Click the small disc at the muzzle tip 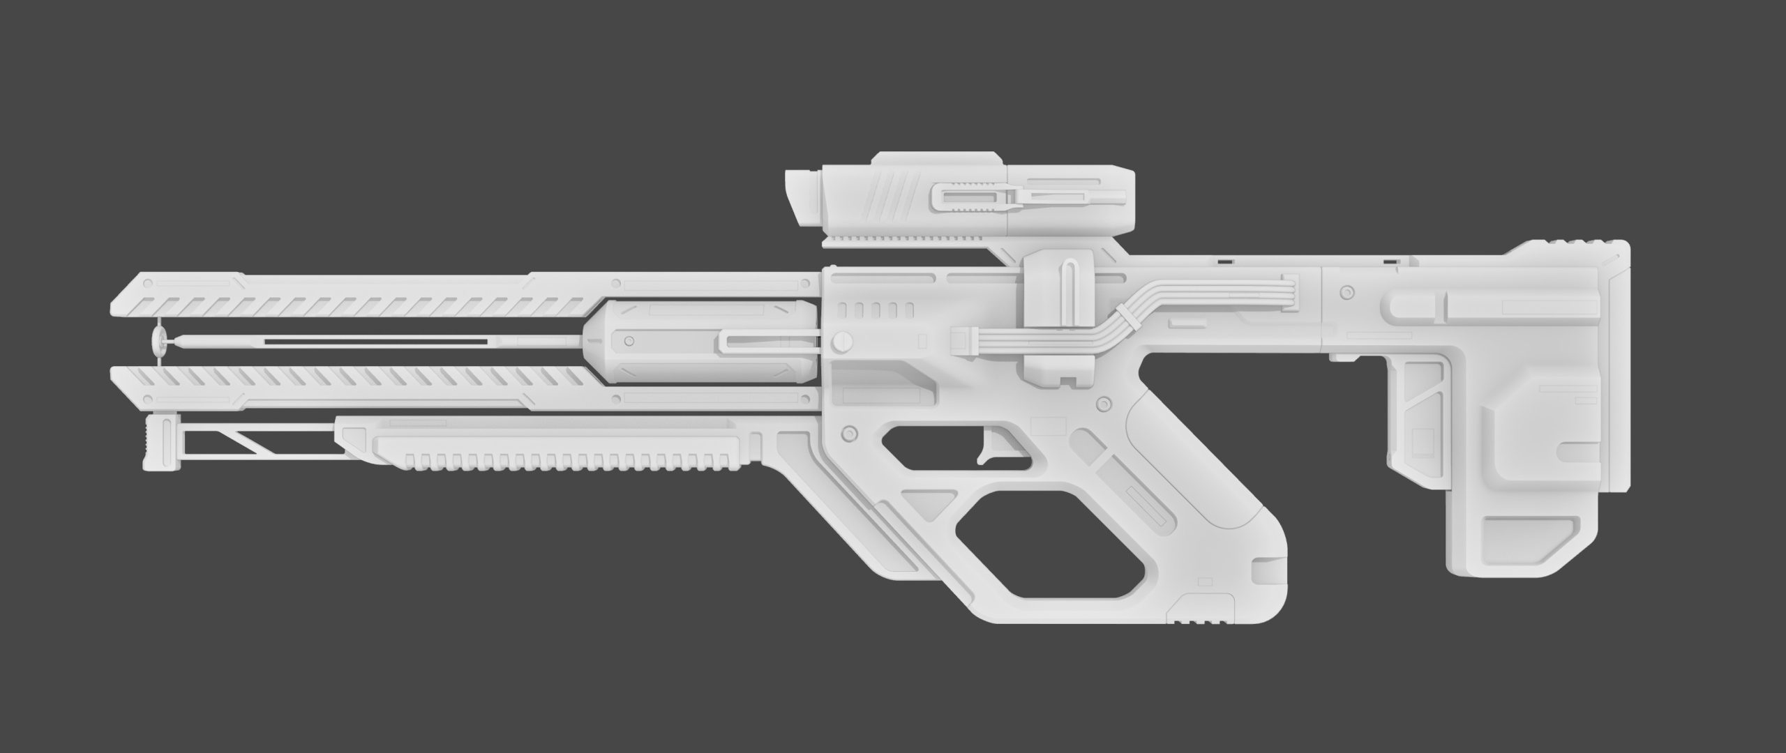tap(160, 341)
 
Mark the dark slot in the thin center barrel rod tap(377, 342)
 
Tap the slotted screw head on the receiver tap(843, 341)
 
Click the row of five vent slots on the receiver tap(876, 309)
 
